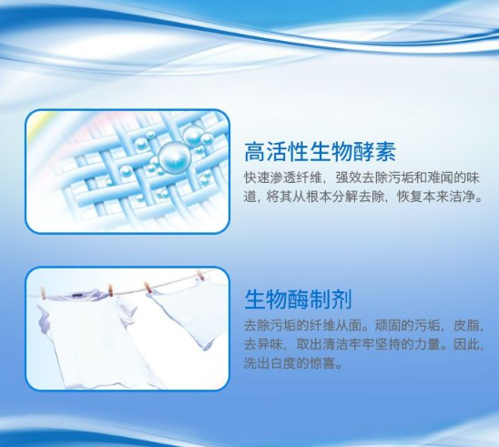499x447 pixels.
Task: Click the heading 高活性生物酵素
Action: pyautogui.click(x=320, y=152)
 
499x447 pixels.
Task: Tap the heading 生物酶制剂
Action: pyautogui.click(x=298, y=299)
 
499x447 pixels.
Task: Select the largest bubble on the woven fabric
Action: pyautogui.click(x=175, y=157)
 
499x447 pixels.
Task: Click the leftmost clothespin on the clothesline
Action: pyautogui.click(x=43, y=293)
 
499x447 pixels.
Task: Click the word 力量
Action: pyautogui.click(x=427, y=344)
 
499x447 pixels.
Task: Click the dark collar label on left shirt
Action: pyautogui.click(x=78, y=295)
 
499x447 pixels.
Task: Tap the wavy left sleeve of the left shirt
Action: pyautogui.click(x=44, y=318)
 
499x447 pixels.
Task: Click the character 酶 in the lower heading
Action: pyautogui.click(x=298, y=299)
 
